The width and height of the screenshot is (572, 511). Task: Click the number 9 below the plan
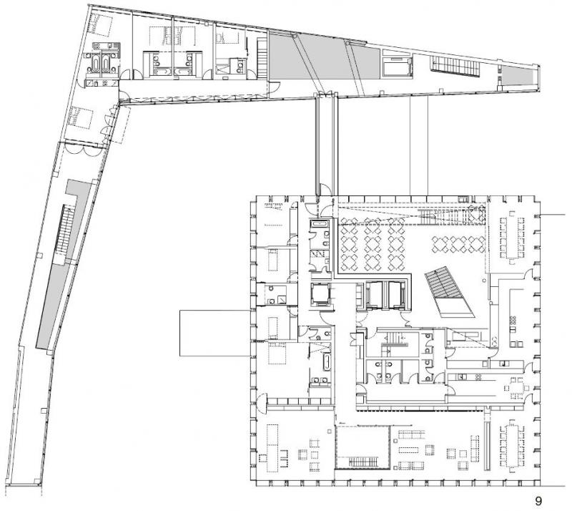point(538,500)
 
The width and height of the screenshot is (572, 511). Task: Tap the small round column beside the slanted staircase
point(484,280)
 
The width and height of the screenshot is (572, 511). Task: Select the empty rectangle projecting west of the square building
point(215,333)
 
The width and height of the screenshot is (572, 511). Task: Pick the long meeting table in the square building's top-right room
point(513,236)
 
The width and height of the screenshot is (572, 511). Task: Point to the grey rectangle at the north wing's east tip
point(518,75)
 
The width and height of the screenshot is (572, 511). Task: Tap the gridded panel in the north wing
point(455,67)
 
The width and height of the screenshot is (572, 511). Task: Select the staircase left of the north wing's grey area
point(262,59)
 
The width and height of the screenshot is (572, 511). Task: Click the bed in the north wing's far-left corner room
point(99,25)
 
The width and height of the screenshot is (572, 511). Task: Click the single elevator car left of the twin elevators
point(321,294)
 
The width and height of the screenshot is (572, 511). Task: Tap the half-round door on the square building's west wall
point(262,403)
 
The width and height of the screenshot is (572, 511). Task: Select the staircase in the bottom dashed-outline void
point(363,462)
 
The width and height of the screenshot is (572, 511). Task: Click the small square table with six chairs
point(516,386)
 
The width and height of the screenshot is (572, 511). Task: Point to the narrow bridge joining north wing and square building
point(326,145)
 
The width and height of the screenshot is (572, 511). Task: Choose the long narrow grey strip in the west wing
point(53,306)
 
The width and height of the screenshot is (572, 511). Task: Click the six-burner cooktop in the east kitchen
point(513,321)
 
